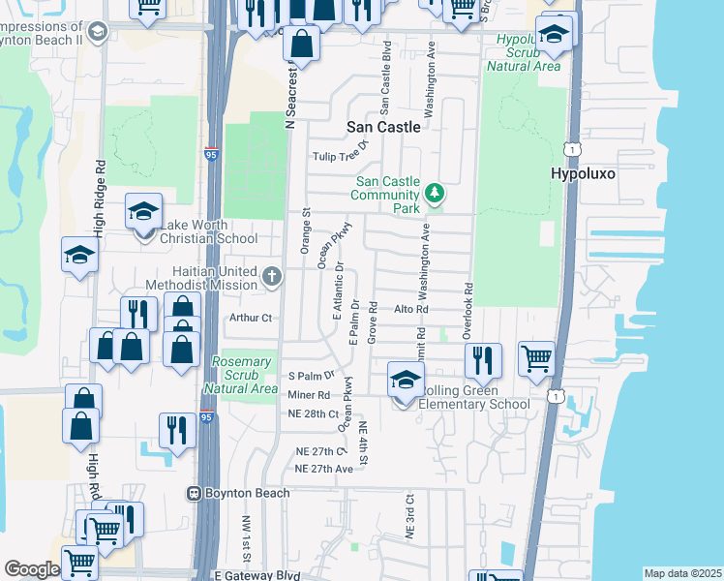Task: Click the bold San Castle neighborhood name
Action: coord(384,127)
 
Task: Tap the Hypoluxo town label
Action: coord(583,173)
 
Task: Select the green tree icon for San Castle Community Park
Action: coord(436,193)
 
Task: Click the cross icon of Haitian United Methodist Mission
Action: coord(273,278)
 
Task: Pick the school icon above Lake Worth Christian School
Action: coord(143,211)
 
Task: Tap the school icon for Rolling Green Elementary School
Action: coord(407,380)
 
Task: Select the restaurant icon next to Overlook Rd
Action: coord(482,361)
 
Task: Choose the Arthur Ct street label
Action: coord(251,317)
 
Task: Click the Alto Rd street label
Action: coord(410,309)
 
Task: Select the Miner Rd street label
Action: coord(309,395)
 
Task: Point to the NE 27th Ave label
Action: coord(323,468)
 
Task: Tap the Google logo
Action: coord(32,569)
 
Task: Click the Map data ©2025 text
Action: coord(681,573)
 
